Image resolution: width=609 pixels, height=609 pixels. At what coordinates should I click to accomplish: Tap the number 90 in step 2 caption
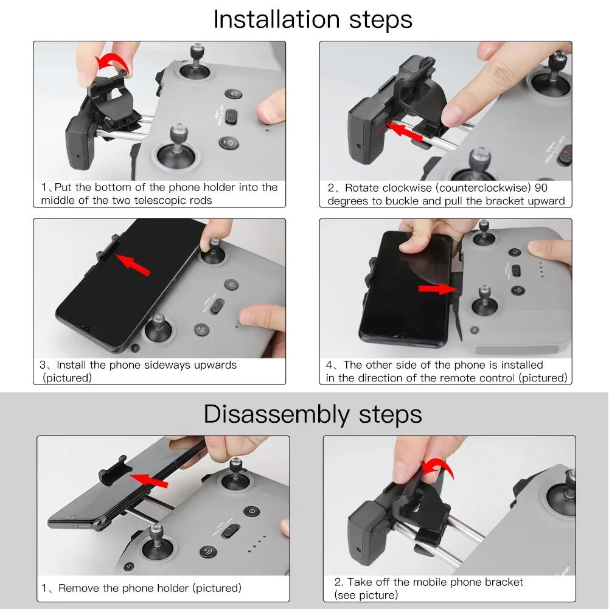[541, 188]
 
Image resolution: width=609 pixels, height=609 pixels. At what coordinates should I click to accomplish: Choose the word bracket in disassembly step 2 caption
[504, 582]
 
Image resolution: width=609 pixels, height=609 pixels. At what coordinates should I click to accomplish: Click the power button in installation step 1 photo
[234, 94]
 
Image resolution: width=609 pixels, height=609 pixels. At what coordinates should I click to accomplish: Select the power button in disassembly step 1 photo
[252, 510]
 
